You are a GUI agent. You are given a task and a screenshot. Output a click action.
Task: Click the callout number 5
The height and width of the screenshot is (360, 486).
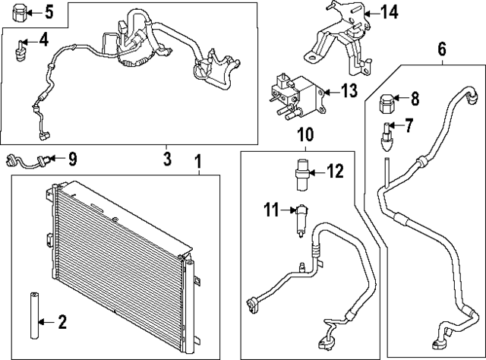49,11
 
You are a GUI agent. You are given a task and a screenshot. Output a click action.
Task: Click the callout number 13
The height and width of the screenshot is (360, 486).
349,91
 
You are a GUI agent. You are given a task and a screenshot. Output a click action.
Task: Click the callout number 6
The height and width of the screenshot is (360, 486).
443,51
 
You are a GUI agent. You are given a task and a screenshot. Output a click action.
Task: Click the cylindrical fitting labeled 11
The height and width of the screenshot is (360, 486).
302,219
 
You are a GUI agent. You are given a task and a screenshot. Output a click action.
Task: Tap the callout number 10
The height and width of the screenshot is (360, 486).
305,135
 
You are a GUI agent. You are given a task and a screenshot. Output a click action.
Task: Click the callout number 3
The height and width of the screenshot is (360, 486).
168,159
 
